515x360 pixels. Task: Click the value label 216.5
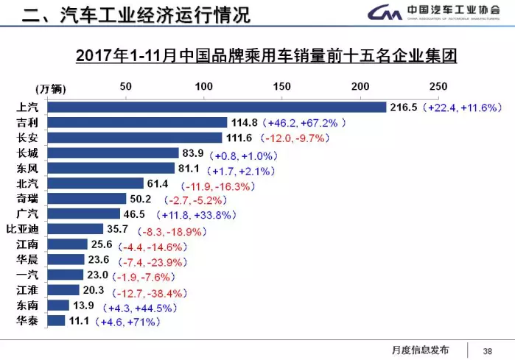point(404,107)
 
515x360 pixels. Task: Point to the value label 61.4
point(161,183)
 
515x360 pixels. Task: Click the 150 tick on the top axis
point(281,87)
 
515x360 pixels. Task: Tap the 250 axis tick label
point(438,87)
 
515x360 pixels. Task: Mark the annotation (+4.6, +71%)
point(128,321)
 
